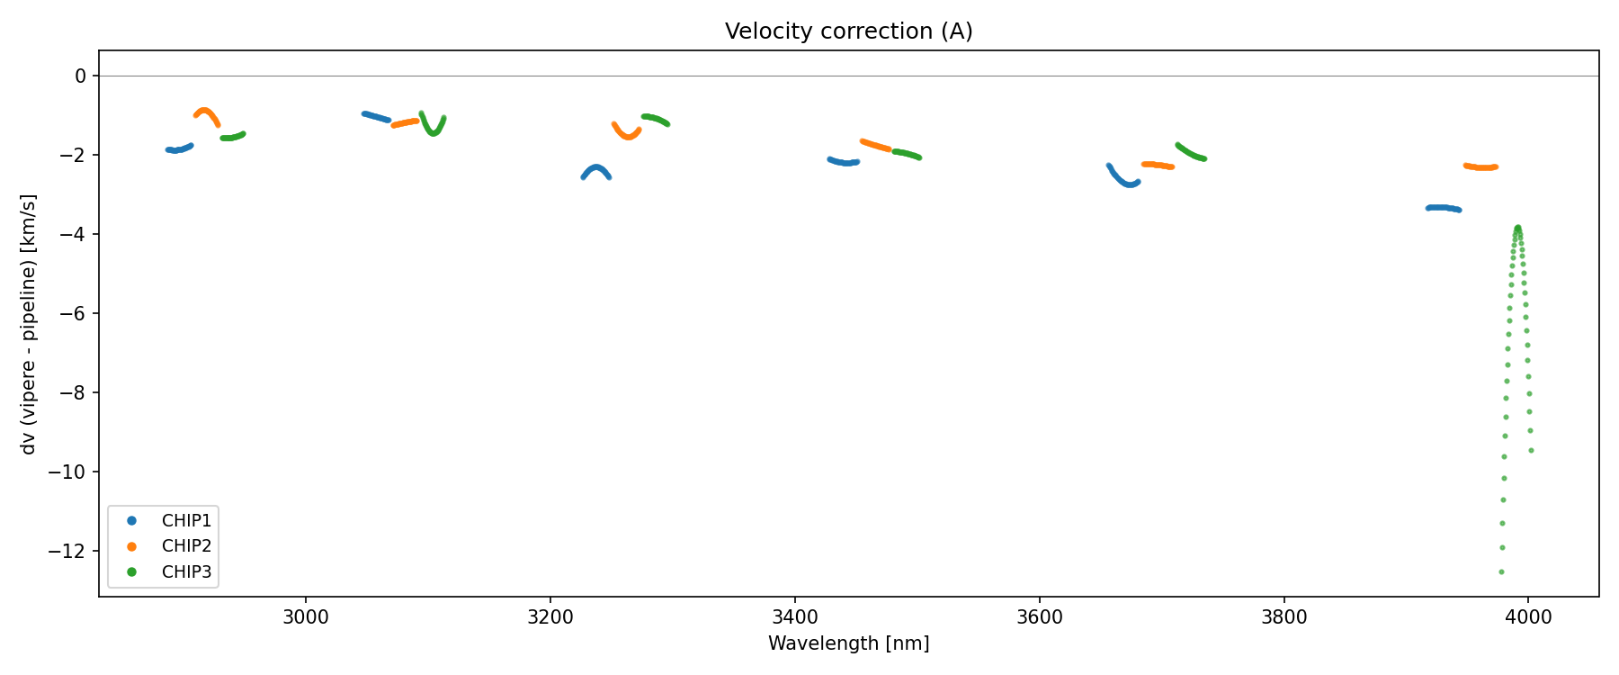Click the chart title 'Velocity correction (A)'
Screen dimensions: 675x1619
(x=848, y=31)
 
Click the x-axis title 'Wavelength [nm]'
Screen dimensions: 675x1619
(x=848, y=643)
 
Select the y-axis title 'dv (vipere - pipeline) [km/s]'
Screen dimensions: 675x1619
(x=29, y=324)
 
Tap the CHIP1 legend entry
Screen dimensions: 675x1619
(x=186, y=520)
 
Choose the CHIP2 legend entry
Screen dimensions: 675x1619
(x=186, y=545)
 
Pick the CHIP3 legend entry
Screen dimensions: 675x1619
(x=186, y=571)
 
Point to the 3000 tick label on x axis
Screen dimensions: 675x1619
(x=306, y=617)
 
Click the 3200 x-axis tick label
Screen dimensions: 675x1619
(x=550, y=617)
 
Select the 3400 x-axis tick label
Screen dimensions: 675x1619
(x=795, y=617)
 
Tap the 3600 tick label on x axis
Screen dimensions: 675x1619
(x=1039, y=617)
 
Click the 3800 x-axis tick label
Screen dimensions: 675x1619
(x=1284, y=617)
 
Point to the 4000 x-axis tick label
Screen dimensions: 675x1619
(x=1528, y=617)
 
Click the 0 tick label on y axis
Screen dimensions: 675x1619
(x=81, y=76)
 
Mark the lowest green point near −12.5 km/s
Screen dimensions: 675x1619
(x=1501, y=571)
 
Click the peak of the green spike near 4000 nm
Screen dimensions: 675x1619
(x=1517, y=228)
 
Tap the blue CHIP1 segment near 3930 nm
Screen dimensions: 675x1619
(x=1443, y=208)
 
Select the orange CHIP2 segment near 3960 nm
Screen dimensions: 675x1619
(x=1480, y=167)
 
